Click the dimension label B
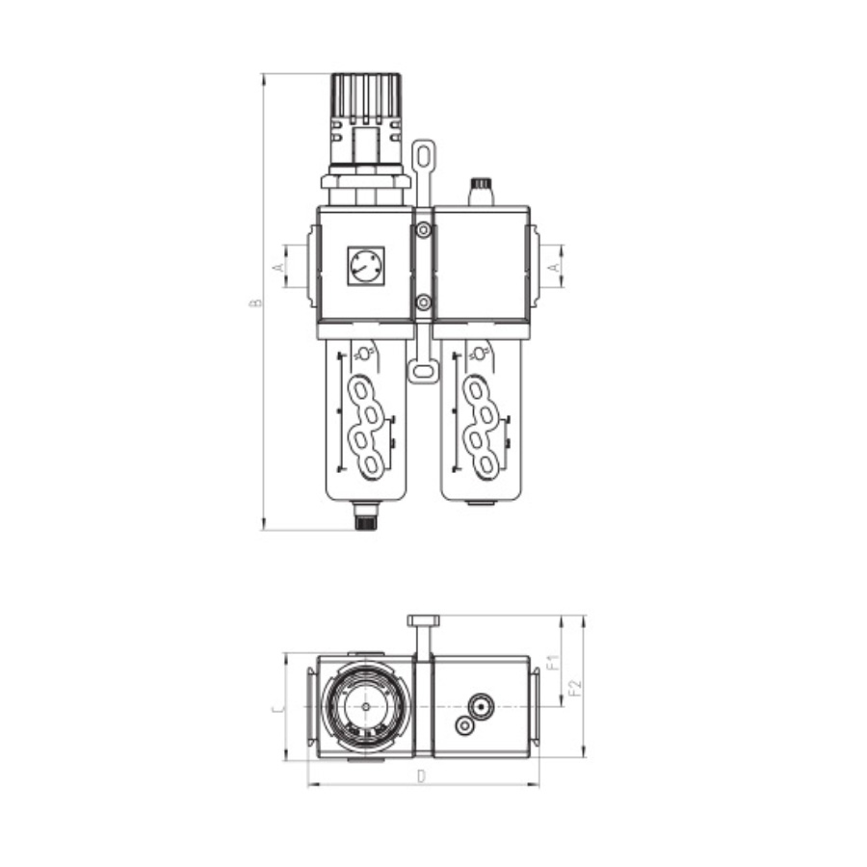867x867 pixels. coord(255,303)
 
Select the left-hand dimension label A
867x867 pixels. coord(279,267)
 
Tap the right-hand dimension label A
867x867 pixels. coord(555,267)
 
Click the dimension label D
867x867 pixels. coord(422,776)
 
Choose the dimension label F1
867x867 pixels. coord(554,662)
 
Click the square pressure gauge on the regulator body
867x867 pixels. coord(365,266)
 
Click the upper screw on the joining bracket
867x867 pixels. coord(424,229)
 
